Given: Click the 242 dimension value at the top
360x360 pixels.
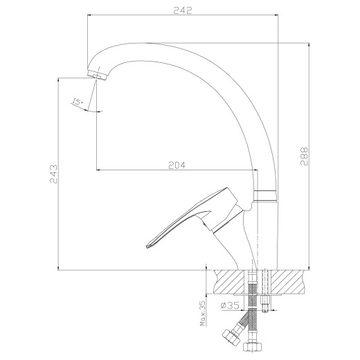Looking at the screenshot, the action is click(x=183, y=10).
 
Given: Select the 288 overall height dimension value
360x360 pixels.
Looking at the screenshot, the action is click(x=304, y=156).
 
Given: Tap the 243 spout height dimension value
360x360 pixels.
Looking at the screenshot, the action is click(x=53, y=174).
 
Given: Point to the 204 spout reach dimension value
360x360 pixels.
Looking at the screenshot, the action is click(x=177, y=165).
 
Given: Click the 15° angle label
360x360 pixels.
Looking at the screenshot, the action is click(x=78, y=102).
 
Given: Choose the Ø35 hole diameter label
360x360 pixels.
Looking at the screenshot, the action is click(x=230, y=306).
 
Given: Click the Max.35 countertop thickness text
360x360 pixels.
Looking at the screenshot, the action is click(x=203, y=314).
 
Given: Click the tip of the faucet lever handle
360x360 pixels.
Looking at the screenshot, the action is click(x=147, y=246).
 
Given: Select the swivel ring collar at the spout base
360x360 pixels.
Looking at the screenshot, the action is click(x=265, y=196).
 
